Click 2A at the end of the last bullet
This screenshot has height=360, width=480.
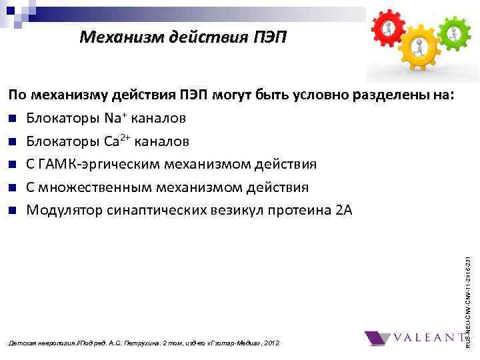coord(344,211)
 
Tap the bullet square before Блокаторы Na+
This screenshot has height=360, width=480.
coord(13,119)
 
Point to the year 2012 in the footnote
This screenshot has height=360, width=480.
coord(273,343)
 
